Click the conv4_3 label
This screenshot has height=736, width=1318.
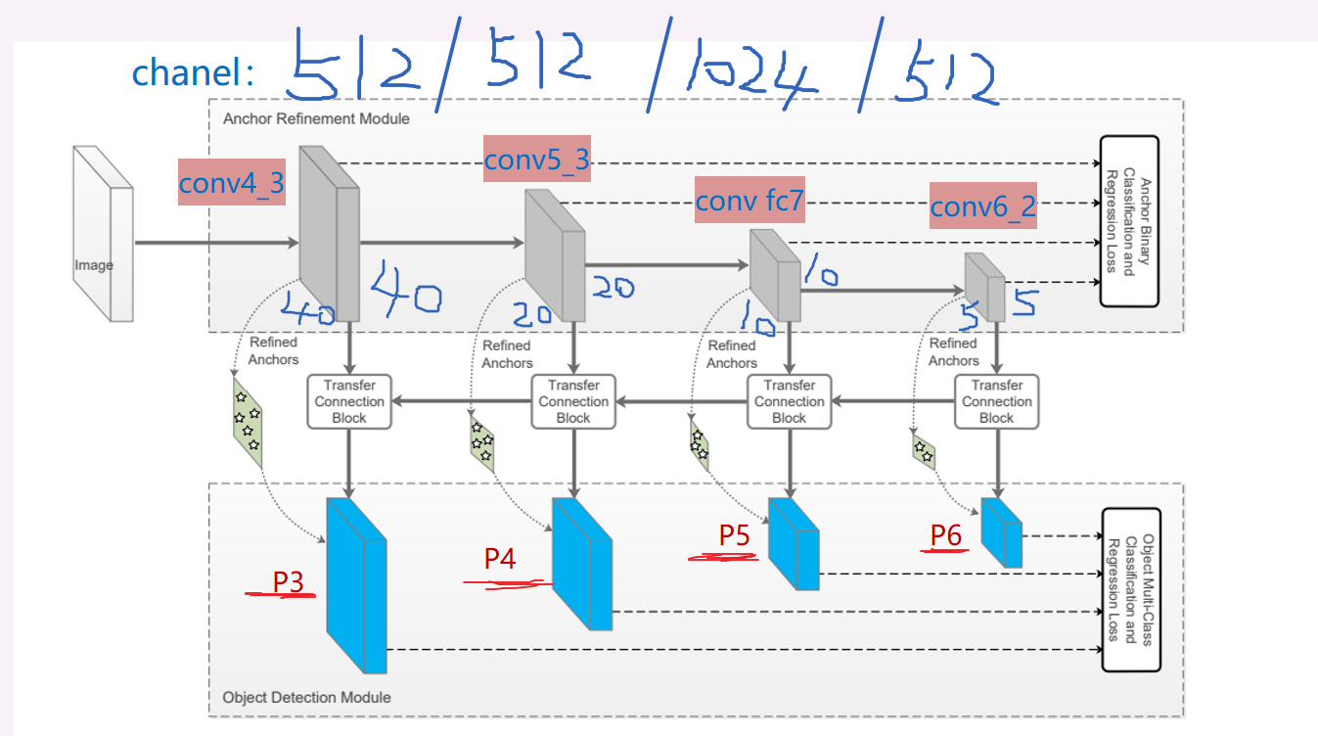[x=231, y=182]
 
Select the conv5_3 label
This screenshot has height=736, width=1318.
[x=537, y=160]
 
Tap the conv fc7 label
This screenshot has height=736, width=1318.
[x=749, y=202]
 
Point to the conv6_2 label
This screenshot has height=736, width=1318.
[x=981, y=207]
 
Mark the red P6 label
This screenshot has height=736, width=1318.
[x=945, y=534]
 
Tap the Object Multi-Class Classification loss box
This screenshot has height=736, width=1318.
[x=1130, y=589]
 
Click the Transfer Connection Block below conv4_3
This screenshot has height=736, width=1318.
[x=348, y=401]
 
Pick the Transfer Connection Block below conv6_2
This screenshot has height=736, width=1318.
[x=996, y=401]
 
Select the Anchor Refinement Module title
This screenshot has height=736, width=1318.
[x=316, y=118]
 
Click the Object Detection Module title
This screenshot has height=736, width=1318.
[x=306, y=697]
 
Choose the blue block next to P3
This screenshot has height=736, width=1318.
[x=356, y=584]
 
